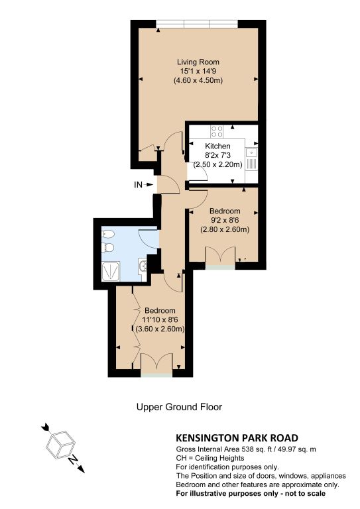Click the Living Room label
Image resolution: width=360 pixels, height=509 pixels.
198,62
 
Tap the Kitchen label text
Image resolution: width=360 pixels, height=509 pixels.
218,146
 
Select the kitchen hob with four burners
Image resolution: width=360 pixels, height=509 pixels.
217,131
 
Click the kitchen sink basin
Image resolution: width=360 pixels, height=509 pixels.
251,152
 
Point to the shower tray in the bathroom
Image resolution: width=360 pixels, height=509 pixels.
111,271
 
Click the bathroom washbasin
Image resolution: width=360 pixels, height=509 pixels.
143,266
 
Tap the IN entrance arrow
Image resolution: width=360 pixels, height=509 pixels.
149,185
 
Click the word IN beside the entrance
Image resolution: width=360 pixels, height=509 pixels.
138,185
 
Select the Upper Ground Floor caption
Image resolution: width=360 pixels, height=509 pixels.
179,407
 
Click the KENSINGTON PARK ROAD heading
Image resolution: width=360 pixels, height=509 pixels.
237,438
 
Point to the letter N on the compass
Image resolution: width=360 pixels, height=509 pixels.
74,460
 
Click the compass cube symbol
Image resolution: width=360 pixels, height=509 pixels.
61,445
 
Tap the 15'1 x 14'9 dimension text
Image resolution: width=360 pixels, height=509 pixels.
198,71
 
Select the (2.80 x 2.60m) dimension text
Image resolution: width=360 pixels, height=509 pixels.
225,229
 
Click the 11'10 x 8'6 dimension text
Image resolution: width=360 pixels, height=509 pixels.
160,319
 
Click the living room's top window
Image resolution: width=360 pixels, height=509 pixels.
197,24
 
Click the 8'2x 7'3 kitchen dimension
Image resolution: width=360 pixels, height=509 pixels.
218,155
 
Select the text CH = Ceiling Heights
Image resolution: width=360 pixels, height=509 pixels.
210,459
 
